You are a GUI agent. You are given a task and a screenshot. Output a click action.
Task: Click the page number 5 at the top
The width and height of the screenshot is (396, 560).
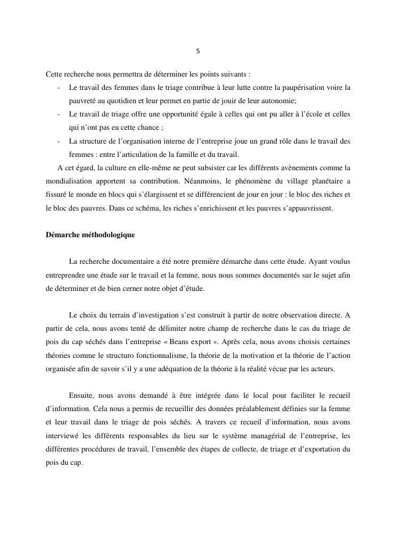click(x=198, y=52)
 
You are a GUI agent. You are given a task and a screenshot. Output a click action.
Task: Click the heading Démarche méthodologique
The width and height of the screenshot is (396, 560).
click(x=90, y=235)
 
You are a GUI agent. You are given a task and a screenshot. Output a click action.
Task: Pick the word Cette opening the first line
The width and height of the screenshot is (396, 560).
click(x=55, y=73)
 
